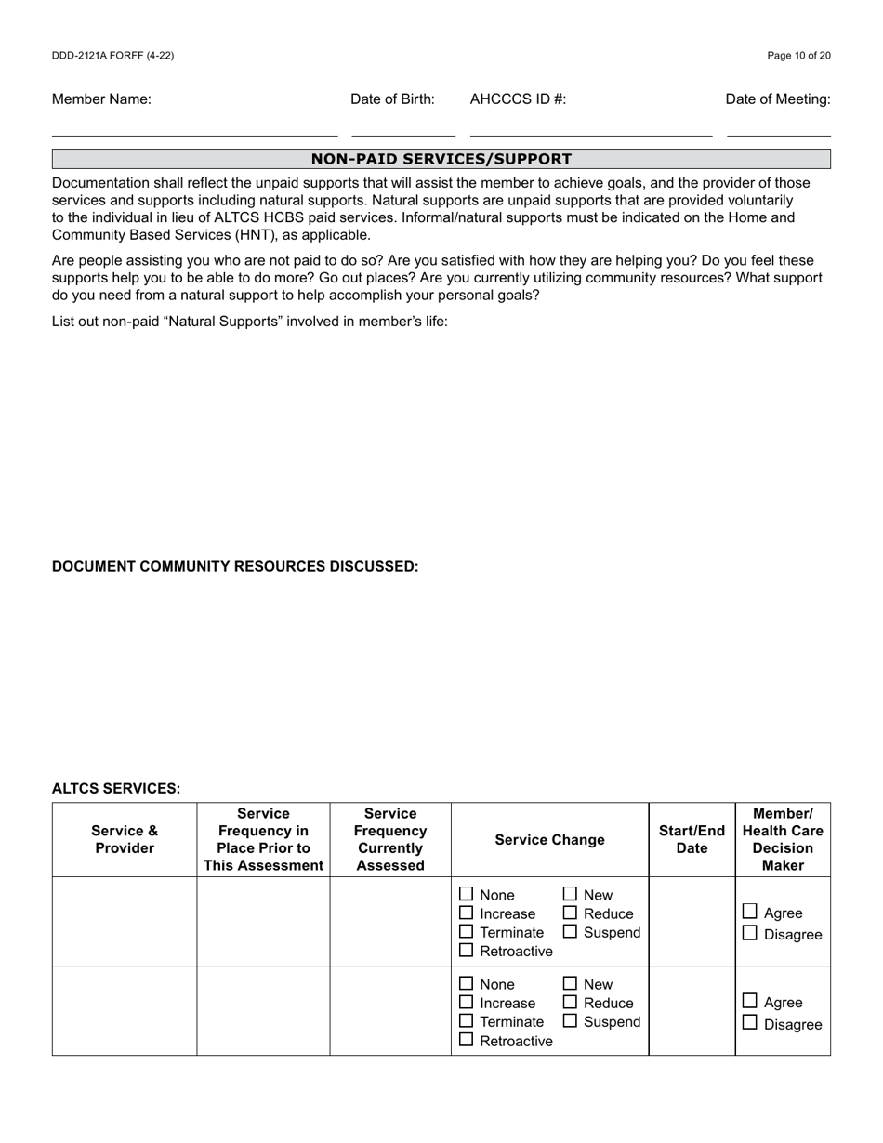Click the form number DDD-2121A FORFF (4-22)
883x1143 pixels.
(x=112, y=56)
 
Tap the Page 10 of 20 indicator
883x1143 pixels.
(x=798, y=56)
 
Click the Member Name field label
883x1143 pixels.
(x=101, y=99)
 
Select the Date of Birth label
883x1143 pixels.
(x=392, y=99)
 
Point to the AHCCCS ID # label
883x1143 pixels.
(x=518, y=99)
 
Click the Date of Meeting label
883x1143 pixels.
(x=778, y=99)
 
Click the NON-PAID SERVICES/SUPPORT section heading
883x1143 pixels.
(x=441, y=159)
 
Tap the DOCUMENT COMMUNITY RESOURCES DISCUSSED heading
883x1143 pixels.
(x=235, y=567)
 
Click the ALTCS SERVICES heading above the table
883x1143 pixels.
(x=116, y=789)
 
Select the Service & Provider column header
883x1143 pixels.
(x=125, y=840)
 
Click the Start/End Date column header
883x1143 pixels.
(x=692, y=840)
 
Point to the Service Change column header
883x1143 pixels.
(x=549, y=840)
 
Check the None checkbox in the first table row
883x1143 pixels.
(x=467, y=894)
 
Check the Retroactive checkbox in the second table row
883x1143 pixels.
(x=467, y=1040)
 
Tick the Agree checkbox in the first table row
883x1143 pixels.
(x=750, y=912)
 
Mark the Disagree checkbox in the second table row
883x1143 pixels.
(x=750, y=1023)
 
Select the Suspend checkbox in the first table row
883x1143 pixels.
(x=571, y=931)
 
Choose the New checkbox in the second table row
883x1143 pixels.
(x=571, y=983)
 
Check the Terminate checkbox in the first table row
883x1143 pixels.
(x=467, y=931)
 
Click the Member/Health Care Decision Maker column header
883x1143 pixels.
(x=783, y=840)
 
